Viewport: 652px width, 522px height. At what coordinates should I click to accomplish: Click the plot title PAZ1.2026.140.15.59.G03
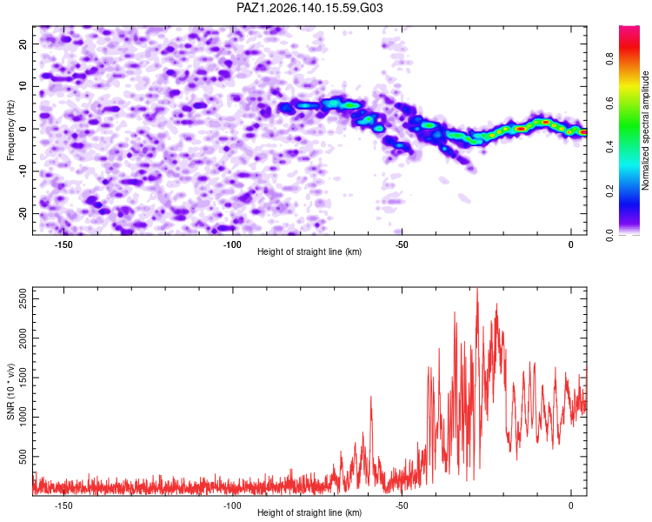[309, 8]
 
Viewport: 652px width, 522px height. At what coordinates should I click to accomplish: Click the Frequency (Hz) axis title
[10, 130]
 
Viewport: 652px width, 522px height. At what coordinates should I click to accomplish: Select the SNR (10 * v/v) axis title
[10, 391]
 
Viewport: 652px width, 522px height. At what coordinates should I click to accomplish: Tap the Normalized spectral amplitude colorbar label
[645, 130]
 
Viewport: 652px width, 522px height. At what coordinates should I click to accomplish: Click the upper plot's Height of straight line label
[309, 251]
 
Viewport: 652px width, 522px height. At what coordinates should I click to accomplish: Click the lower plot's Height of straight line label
[309, 512]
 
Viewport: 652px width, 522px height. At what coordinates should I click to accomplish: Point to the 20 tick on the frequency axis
[23, 43]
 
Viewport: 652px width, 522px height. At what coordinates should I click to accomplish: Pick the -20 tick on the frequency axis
[23, 213]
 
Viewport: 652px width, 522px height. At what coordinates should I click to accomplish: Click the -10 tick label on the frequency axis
[23, 171]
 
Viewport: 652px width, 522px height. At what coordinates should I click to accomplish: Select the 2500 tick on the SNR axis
[23, 298]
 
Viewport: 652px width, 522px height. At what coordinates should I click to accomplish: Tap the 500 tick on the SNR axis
[23, 457]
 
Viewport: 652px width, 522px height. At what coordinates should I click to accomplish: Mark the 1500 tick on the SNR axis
[23, 378]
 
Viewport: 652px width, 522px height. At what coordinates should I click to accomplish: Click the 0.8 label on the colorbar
[609, 58]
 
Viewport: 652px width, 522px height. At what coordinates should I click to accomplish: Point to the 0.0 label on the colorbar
[609, 235]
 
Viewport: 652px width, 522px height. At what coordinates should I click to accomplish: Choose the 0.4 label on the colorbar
[609, 147]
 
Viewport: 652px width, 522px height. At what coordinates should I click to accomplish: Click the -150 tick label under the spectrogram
[63, 244]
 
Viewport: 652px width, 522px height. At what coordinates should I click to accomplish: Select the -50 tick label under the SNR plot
[402, 505]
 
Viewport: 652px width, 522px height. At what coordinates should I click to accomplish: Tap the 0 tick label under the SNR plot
[571, 505]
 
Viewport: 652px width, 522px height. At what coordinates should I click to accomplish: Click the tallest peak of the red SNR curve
[477, 288]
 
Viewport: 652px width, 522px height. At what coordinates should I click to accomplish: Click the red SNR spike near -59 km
[371, 397]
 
